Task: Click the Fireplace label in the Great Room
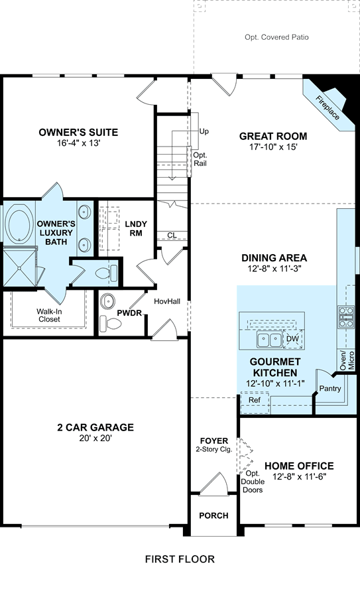(x=328, y=107)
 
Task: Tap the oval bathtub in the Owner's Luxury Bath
(x=20, y=224)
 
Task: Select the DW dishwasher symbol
(x=292, y=339)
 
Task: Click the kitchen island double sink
(x=269, y=340)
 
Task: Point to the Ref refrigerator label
(x=255, y=400)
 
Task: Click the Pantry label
(x=330, y=388)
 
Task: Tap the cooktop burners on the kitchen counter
(x=346, y=317)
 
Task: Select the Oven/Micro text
(x=347, y=360)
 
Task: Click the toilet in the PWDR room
(x=110, y=324)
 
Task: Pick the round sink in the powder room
(x=107, y=300)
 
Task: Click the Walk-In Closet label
(x=49, y=315)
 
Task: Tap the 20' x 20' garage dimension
(x=95, y=438)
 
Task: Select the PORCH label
(x=214, y=515)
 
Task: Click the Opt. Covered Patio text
(x=276, y=37)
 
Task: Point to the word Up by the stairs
(x=204, y=131)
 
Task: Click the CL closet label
(x=172, y=235)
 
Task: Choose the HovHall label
(x=167, y=301)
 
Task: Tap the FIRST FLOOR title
(x=180, y=559)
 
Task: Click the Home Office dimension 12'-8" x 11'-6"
(x=300, y=476)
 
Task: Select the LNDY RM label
(x=136, y=228)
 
